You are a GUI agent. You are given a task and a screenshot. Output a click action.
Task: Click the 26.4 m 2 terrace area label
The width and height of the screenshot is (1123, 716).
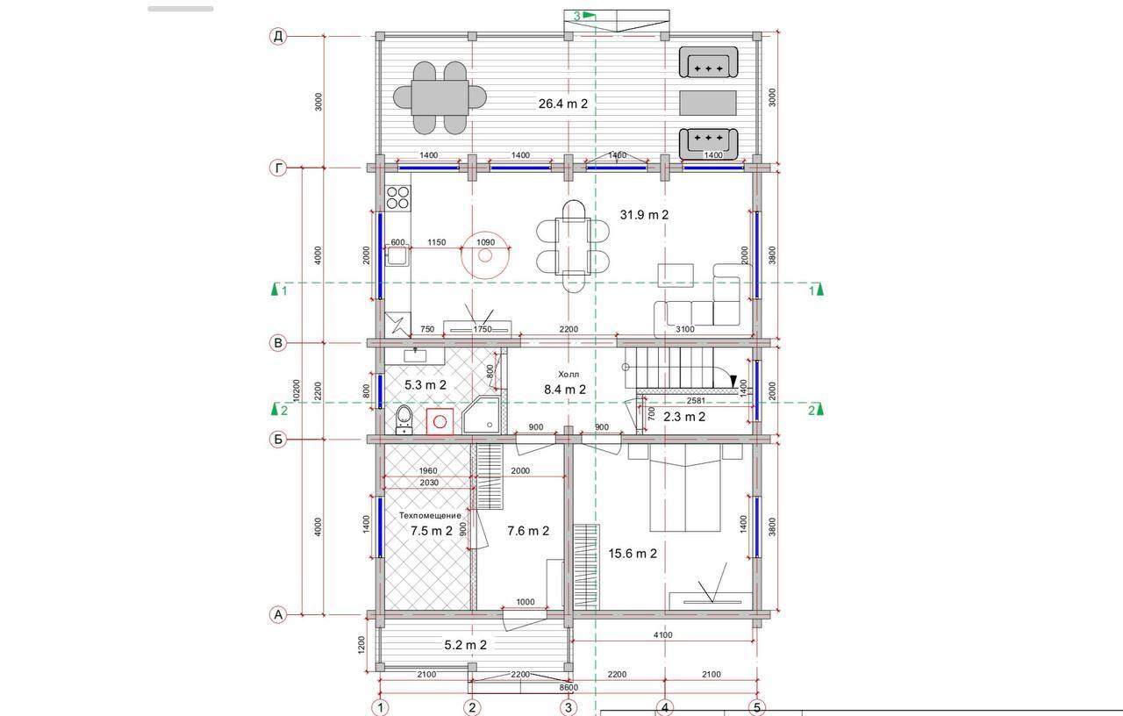tap(562, 104)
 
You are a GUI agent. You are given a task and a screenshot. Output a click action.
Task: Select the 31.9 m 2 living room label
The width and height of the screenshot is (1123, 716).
tap(644, 215)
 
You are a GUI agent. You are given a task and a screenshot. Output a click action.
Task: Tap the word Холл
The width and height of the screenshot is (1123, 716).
tap(569, 374)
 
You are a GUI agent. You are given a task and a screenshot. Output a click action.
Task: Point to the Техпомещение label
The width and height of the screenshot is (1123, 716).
tap(430, 515)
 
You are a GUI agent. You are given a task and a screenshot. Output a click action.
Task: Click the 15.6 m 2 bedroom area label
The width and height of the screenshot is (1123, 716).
tap(633, 554)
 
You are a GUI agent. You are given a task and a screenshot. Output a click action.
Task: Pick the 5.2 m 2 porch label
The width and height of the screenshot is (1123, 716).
tap(465, 645)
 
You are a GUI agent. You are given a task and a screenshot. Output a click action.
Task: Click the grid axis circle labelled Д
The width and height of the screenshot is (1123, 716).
tap(278, 37)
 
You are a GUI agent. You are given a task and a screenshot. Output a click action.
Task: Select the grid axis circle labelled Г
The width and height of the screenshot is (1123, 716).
tap(278, 168)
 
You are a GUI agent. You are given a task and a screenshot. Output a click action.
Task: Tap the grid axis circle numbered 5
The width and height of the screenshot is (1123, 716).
tap(757, 707)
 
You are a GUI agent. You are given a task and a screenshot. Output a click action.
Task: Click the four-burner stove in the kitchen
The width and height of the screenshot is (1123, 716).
tap(398, 197)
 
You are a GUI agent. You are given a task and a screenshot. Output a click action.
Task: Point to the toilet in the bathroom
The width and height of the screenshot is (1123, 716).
tap(404, 419)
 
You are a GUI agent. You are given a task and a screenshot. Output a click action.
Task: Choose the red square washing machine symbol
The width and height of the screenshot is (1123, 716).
tap(440, 422)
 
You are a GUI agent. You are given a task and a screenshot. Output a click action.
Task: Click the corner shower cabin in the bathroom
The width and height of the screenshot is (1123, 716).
tap(482, 415)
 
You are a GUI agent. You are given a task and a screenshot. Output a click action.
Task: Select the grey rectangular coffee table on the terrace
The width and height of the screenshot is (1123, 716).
tap(708, 103)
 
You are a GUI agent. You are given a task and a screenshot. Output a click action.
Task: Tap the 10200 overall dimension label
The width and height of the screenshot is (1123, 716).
tap(296, 390)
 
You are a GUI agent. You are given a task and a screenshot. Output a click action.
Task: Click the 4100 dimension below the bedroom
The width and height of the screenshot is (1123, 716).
tap(662, 634)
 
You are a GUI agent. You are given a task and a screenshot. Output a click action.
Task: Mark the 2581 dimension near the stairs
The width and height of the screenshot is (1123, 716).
tap(696, 401)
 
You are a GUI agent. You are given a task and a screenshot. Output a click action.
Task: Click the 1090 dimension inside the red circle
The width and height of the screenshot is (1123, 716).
tap(485, 242)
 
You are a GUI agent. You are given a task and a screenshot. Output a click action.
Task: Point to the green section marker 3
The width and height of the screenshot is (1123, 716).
tap(584, 16)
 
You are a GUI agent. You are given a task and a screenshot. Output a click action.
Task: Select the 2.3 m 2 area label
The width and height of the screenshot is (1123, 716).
tap(684, 417)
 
